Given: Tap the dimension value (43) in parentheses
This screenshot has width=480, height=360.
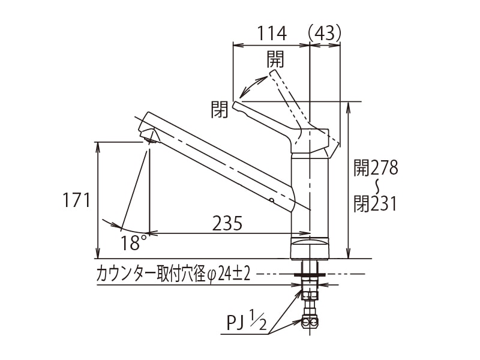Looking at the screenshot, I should [325, 33].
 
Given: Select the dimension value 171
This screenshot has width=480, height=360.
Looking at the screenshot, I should [77, 200].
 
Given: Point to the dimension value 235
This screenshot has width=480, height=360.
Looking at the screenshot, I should [227, 223].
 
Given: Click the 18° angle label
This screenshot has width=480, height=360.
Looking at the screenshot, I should [133, 243].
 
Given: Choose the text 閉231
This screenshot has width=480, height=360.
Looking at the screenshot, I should [375, 204].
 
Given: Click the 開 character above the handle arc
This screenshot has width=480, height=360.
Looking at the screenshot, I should [275, 59].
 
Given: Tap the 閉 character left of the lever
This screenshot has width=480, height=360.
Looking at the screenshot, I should [220, 109].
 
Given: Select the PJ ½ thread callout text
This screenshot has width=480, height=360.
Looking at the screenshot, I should [246, 325].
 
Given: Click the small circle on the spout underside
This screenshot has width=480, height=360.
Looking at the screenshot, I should [271, 199].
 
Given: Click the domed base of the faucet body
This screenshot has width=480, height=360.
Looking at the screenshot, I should [310, 247].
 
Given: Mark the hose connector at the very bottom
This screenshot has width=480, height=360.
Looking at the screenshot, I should [310, 322].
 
